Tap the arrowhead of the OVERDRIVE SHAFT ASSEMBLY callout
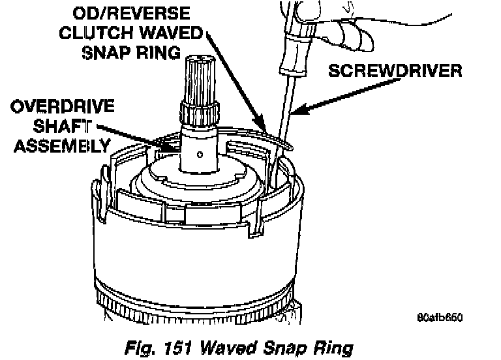176,150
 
